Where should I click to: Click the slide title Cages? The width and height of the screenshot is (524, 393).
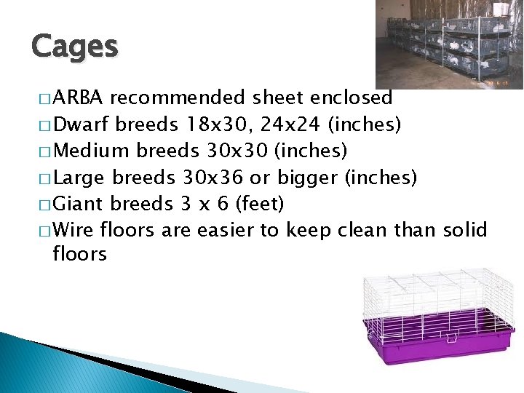[x=74, y=47]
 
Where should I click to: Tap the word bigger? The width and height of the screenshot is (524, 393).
[x=312, y=178]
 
